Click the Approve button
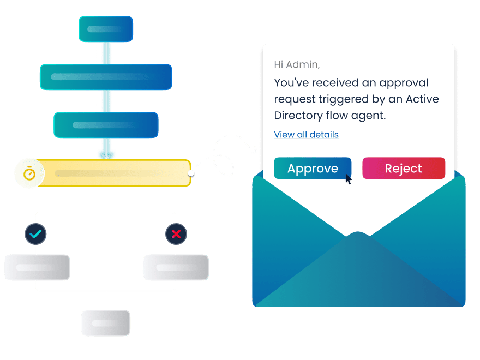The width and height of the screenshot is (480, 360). click(313, 169)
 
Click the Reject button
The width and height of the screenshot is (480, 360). click(404, 169)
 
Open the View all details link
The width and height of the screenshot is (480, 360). click(306, 135)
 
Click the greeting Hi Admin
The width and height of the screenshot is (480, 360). click(297, 64)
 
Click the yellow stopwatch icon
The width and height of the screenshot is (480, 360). click(29, 173)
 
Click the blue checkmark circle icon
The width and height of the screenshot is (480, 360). click(35, 234)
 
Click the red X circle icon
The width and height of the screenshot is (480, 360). click(176, 234)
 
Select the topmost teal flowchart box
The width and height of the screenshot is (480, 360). click(106, 29)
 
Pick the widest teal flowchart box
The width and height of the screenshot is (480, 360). click(106, 77)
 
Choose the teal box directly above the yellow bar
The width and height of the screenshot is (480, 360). click(106, 125)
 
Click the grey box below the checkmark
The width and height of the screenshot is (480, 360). click(37, 267)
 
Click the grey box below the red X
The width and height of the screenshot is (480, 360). click(176, 267)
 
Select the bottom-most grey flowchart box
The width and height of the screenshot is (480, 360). click(106, 323)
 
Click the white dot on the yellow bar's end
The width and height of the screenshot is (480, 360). click(191, 173)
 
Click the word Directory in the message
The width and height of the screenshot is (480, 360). click(298, 116)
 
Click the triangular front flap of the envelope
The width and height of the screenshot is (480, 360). click(358, 273)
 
